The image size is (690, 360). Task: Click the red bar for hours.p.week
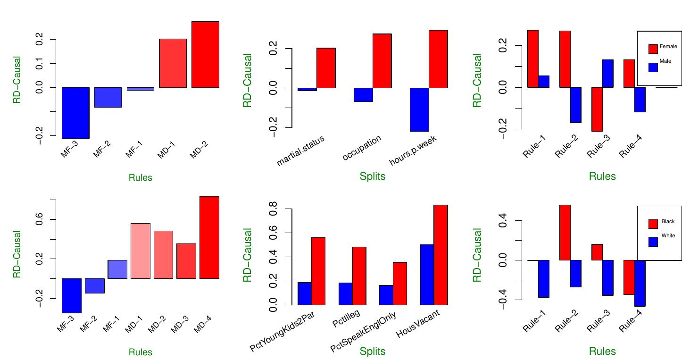pyautogui.click(x=438, y=59)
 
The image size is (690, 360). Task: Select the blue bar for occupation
pyautogui.click(x=363, y=95)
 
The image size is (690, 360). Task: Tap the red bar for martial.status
pyautogui.click(x=325, y=68)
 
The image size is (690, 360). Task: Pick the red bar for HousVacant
pyautogui.click(x=441, y=255)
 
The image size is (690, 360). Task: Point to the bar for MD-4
pyautogui.click(x=209, y=237)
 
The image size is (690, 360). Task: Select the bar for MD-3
pyautogui.click(x=186, y=261)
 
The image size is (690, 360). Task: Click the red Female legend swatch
pyautogui.click(x=653, y=49)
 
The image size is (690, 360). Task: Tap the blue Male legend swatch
pyautogui.click(x=653, y=67)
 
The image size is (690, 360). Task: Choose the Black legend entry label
pyautogui.click(x=668, y=222)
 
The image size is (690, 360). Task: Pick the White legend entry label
pyautogui.click(x=668, y=235)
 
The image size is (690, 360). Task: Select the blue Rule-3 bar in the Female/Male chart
pyautogui.click(x=607, y=74)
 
